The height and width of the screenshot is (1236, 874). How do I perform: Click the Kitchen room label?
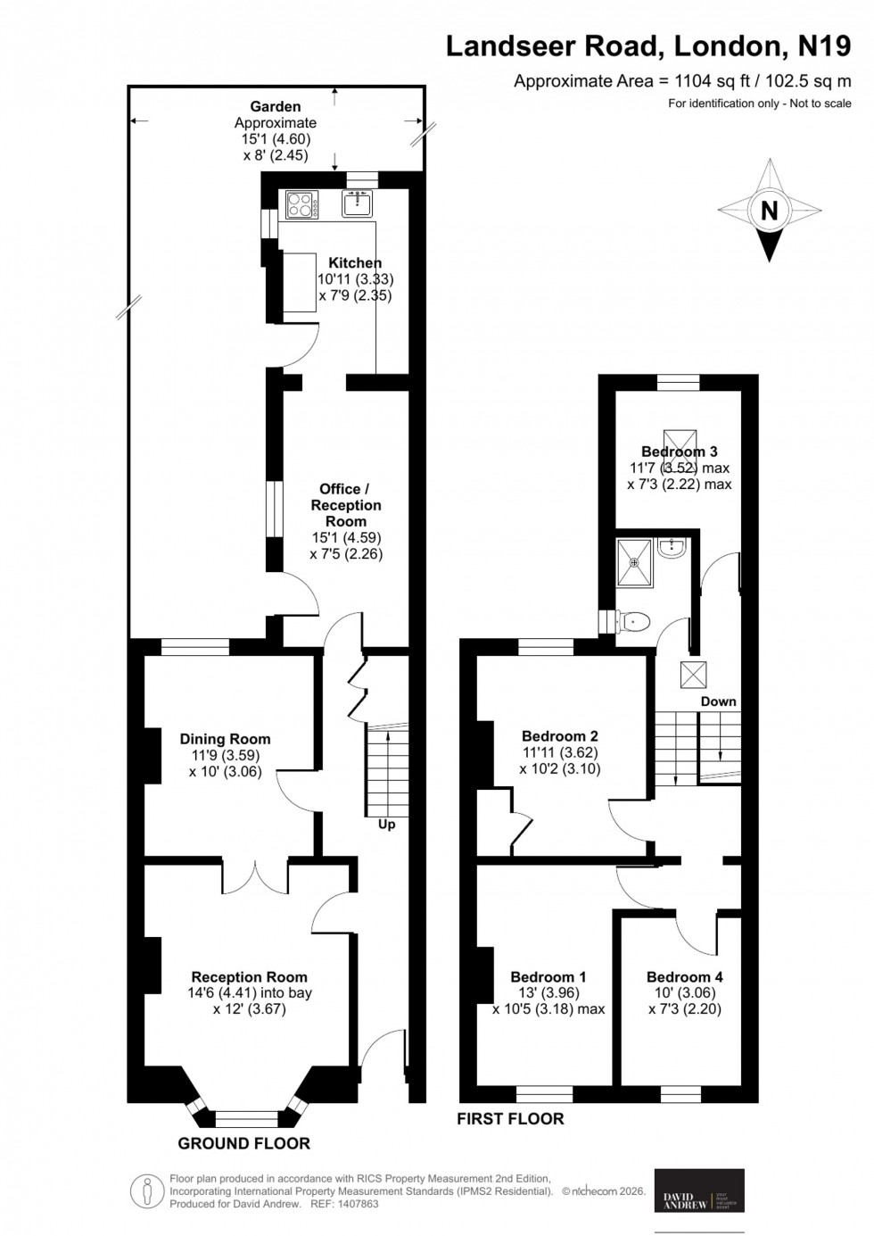click(355, 262)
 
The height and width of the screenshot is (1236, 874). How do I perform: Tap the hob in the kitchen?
click(302, 205)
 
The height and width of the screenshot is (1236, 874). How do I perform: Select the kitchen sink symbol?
click(358, 204)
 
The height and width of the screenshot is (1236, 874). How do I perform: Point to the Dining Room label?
click(225, 739)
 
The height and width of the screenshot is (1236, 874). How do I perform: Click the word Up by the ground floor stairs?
click(386, 825)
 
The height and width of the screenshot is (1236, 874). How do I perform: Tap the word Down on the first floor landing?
click(718, 701)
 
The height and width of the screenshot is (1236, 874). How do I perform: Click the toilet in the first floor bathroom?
click(634, 621)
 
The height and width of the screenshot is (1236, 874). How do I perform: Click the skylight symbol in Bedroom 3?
click(680, 442)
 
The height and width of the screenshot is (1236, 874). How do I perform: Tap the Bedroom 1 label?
click(548, 977)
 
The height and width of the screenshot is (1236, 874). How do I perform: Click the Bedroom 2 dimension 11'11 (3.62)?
click(559, 752)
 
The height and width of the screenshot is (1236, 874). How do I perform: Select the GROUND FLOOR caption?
click(244, 1143)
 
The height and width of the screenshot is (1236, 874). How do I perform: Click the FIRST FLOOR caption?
click(510, 1118)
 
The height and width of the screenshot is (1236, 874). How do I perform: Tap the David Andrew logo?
click(699, 1190)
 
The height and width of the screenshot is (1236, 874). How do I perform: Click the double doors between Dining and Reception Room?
click(255, 876)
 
